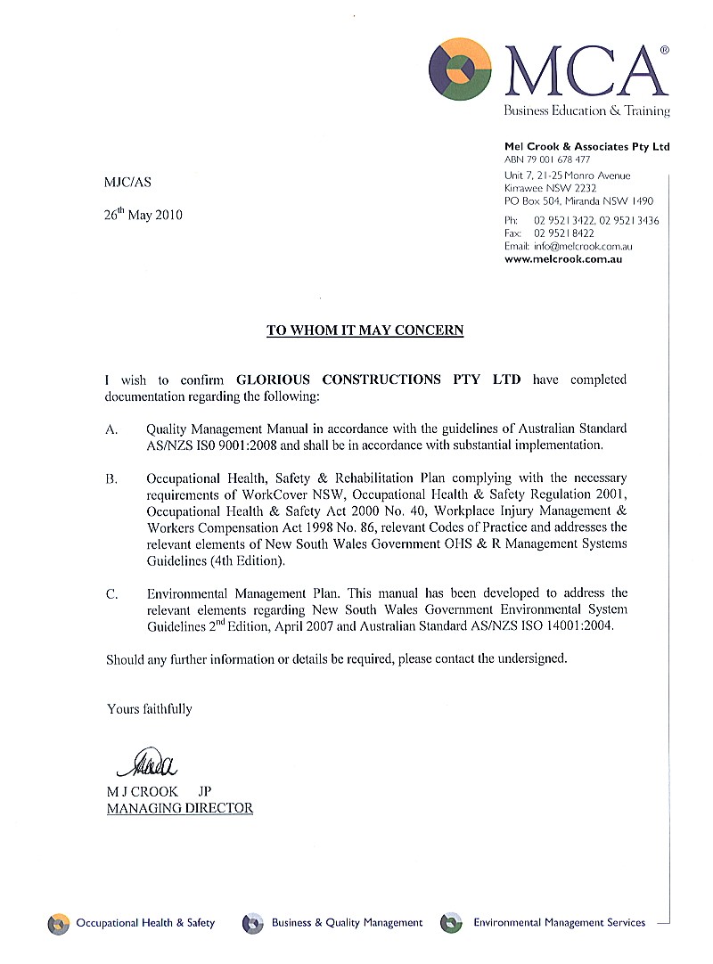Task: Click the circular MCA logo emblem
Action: pos(460,69)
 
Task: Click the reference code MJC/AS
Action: pos(128,183)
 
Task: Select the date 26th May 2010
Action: pos(143,215)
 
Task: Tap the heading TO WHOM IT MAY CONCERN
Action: pos(365,331)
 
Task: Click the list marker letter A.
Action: pos(112,429)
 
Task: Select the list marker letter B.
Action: pos(112,479)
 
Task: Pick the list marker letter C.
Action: pos(112,593)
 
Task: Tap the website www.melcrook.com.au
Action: pos(563,259)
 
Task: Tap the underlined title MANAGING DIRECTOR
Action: pos(180,809)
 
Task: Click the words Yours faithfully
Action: pos(149,709)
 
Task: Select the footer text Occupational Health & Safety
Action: pos(145,923)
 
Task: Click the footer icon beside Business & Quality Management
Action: pos(253,923)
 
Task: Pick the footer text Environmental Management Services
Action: pos(559,923)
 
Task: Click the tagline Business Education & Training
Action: pos(586,111)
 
